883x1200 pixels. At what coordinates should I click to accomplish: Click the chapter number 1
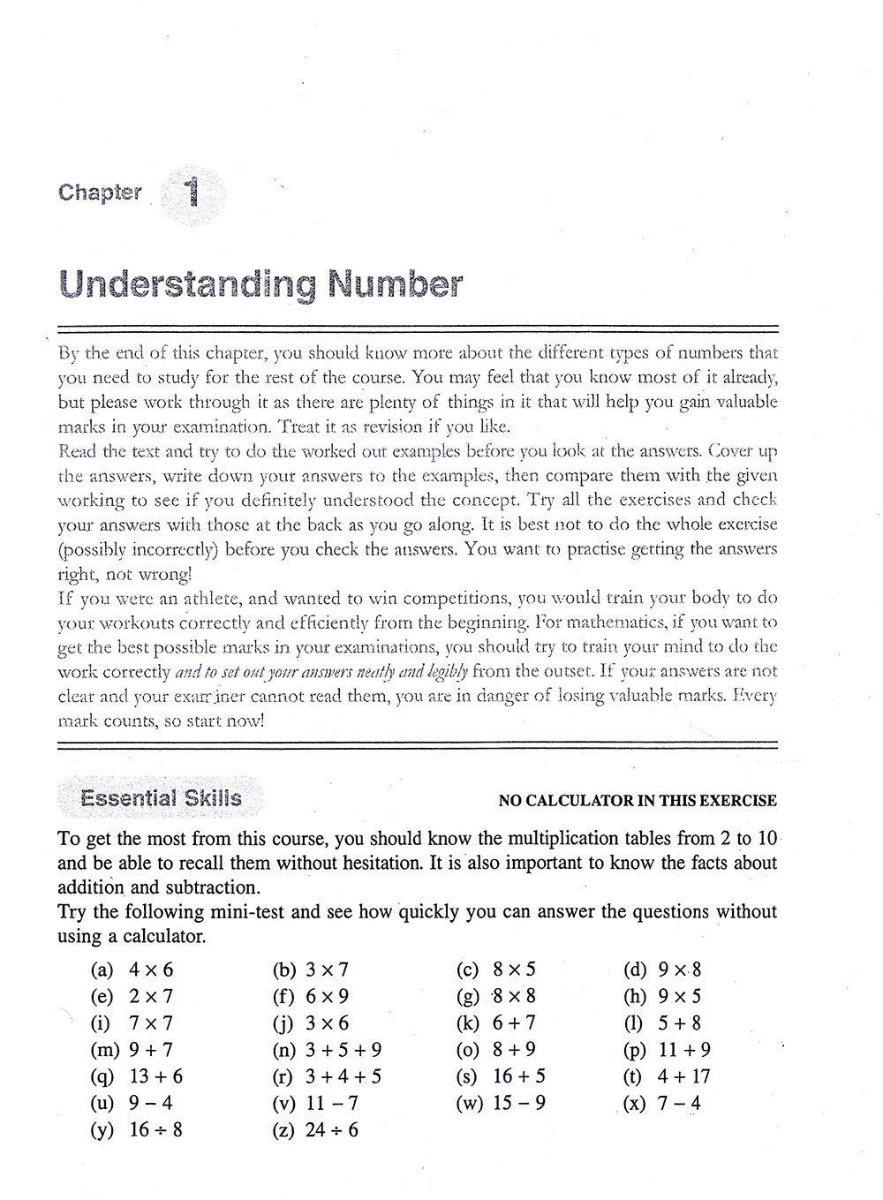click(192, 192)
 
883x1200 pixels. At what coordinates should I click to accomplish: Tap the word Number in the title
click(394, 284)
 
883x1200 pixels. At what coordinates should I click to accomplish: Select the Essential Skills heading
click(160, 798)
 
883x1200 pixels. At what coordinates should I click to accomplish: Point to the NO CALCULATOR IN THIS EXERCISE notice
click(638, 801)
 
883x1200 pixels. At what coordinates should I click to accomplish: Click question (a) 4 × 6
click(132, 970)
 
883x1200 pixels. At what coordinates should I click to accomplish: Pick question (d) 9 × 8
click(662, 970)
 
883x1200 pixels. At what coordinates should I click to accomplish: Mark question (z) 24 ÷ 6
click(316, 1129)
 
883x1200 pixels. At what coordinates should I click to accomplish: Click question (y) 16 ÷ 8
click(137, 1129)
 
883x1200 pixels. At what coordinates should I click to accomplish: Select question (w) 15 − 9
click(501, 1103)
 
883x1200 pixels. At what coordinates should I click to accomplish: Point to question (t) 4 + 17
click(667, 1076)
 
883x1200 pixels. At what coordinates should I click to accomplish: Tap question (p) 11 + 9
click(667, 1050)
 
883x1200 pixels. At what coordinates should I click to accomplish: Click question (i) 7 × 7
click(132, 1023)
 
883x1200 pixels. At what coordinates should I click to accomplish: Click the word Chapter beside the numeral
click(100, 192)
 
